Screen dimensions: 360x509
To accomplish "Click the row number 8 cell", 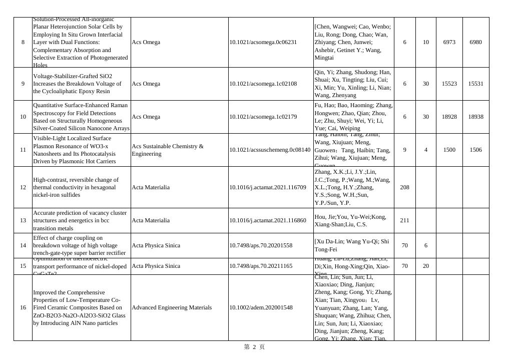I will (23, 42).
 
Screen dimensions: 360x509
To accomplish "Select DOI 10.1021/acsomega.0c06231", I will (263, 42).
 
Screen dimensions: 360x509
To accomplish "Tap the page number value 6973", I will (449, 42).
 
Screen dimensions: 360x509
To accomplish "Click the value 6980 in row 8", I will (475, 42).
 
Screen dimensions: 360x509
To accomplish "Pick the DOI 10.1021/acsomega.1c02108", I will (263, 84).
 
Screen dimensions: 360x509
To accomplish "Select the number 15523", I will (449, 84).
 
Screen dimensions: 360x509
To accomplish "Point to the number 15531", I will (475, 84).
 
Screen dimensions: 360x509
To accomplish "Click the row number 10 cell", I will (23, 117).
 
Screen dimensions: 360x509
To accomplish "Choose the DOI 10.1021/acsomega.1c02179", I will (263, 117).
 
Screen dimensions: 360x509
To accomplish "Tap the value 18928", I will (449, 117).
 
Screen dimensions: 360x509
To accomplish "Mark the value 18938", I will (475, 117).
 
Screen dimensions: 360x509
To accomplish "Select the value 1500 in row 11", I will (449, 150).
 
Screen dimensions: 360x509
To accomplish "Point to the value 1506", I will (475, 150).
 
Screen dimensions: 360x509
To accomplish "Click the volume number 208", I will (404, 187).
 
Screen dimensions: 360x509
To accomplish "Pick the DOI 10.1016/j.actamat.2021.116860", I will (268, 220).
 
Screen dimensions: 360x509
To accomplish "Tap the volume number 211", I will (404, 220).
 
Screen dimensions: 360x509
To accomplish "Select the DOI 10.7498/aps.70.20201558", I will (261, 245).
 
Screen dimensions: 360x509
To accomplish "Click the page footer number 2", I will (254, 347).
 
